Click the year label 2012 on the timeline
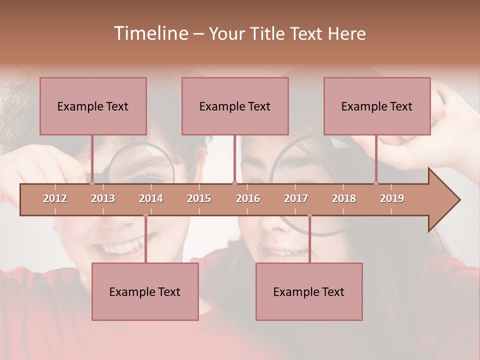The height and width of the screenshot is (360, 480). tap(55, 198)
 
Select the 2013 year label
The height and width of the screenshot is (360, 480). tap(103, 198)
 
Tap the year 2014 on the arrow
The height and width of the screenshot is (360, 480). tap(151, 198)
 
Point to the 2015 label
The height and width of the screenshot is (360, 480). tap(199, 198)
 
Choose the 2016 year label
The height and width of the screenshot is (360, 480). tap(248, 198)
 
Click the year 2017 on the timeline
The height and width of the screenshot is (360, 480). tap(296, 198)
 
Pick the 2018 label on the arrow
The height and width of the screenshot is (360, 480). tap(344, 198)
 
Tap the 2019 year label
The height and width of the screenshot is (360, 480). tap(392, 198)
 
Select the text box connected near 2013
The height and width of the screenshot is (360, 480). tap(93, 106)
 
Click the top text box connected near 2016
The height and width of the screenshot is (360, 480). tap(235, 106)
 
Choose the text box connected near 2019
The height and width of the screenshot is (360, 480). tap(377, 106)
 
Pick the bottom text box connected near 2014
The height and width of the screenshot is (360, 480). tap(145, 291)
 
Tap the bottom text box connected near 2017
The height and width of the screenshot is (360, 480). tap(309, 291)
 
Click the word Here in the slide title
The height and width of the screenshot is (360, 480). tap(346, 33)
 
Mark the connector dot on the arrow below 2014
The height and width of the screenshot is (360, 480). tap(145, 215)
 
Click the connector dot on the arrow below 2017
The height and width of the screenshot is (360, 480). tap(309, 215)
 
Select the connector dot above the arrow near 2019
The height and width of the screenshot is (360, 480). tap(376, 183)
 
